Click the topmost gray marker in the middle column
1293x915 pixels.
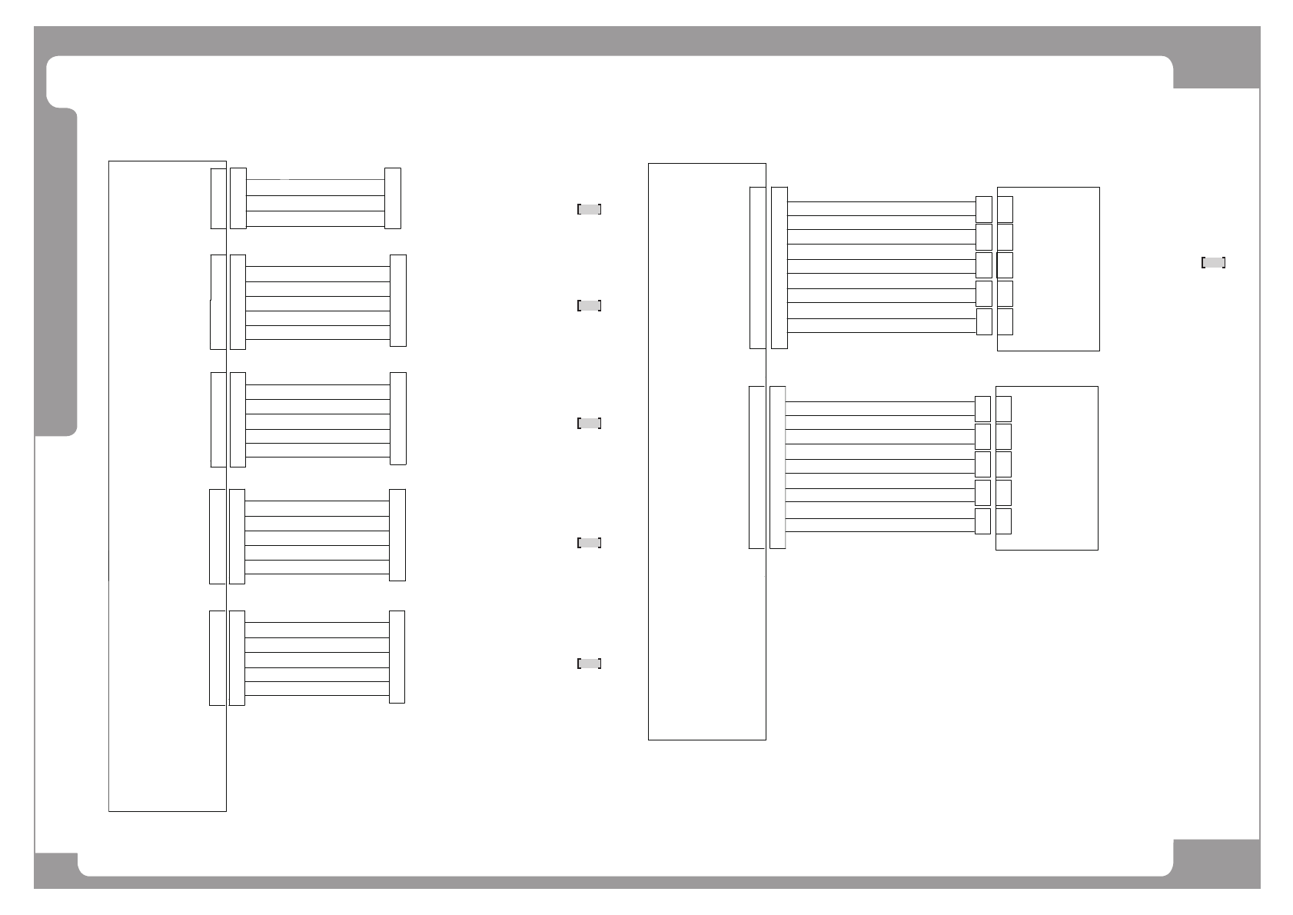pyautogui.click(x=589, y=209)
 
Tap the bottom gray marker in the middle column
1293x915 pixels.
pyautogui.click(x=589, y=664)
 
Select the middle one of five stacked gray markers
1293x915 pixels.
pyautogui.click(x=589, y=423)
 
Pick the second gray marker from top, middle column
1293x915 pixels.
pyautogui.click(x=589, y=306)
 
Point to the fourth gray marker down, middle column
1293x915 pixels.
pyautogui.click(x=589, y=543)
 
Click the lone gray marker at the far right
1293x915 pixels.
pyautogui.click(x=1213, y=263)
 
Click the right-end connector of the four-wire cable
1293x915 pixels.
pyautogui.click(x=393, y=198)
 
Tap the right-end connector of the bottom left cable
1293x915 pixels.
pyautogui.click(x=397, y=657)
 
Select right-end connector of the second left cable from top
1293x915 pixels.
pyautogui.click(x=398, y=301)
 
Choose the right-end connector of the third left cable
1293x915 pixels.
pyautogui.click(x=398, y=418)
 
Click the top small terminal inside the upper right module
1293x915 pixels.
pyautogui.click(x=1005, y=209)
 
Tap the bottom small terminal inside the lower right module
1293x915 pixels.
pyautogui.click(x=1003, y=521)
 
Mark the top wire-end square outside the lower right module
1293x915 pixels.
pyautogui.click(x=982, y=409)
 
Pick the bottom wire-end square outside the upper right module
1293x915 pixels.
pyautogui.click(x=984, y=322)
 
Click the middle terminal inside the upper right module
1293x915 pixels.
pyautogui.click(x=1005, y=265)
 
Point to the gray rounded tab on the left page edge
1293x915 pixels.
pyautogui.click(x=56, y=272)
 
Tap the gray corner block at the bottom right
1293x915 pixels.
pyautogui.click(x=1216, y=863)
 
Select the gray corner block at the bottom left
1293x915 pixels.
pyautogui.click(x=56, y=869)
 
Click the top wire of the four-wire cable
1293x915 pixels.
pyautogui.click(x=315, y=180)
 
